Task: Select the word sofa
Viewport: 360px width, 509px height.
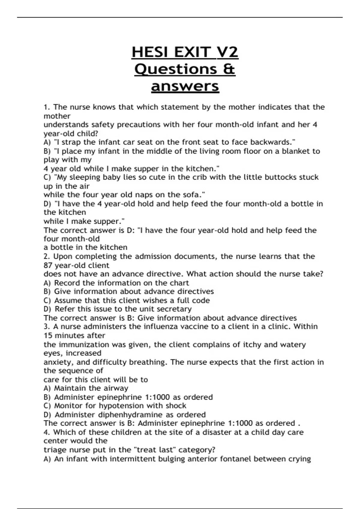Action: [195, 195]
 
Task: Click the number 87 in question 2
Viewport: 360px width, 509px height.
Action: [48, 266]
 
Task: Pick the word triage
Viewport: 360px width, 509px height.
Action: [54, 450]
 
